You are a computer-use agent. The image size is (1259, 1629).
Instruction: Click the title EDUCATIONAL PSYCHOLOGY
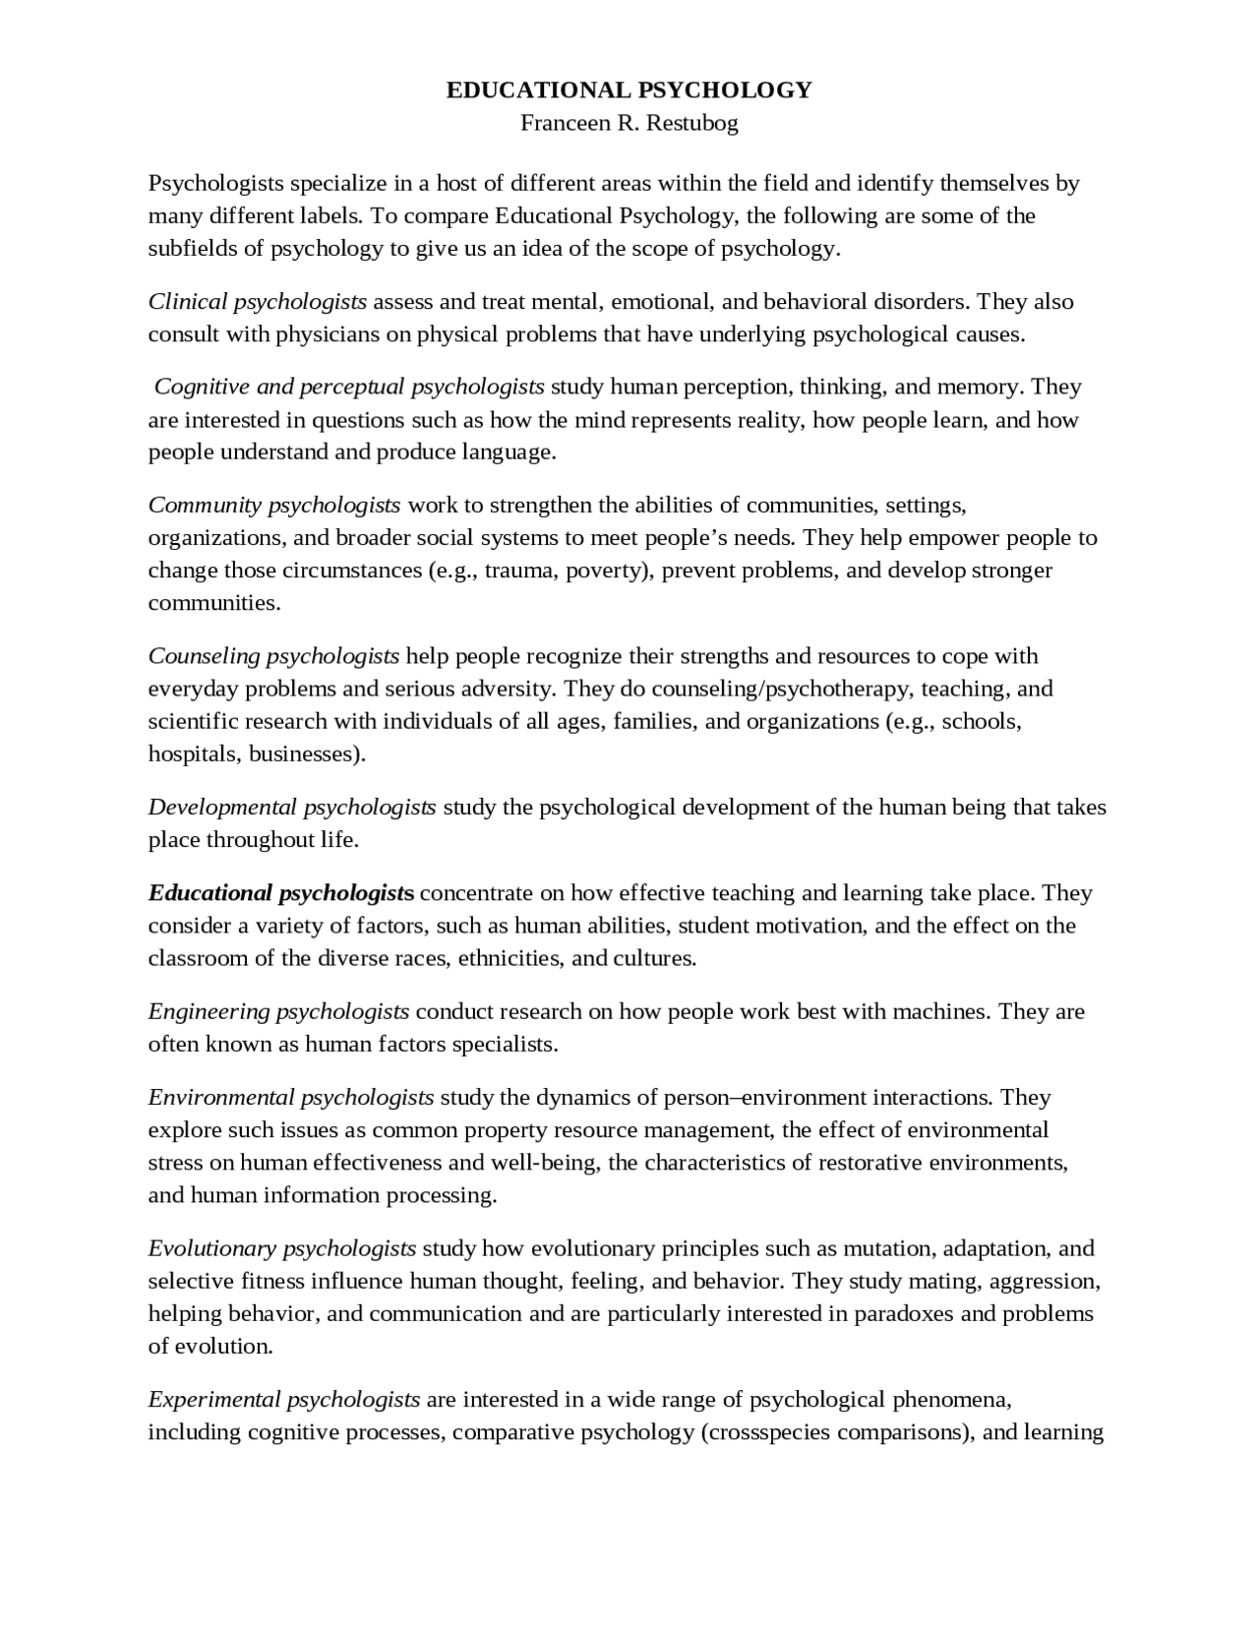tap(629, 90)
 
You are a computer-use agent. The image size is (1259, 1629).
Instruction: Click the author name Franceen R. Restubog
tap(629, 123)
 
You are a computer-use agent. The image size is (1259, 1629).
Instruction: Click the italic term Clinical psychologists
tap(258, 301)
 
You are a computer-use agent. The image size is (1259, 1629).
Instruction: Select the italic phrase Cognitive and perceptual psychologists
tap(349, 387)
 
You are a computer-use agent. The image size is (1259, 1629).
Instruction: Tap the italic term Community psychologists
tap(274, 506)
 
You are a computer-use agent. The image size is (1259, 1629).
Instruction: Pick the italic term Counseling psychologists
tap(273, 656)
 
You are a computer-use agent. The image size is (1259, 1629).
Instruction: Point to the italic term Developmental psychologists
tap(292, 808)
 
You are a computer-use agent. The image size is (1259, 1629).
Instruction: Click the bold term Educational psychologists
tap(281, 893)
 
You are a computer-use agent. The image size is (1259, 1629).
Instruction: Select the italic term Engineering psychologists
tap(278, 1011)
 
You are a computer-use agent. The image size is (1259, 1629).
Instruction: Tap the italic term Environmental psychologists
tap(291, 1097)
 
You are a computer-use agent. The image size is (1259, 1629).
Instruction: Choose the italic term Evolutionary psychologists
tap(282, 1248)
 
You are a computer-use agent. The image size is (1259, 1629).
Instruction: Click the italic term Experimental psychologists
tap(284, 1399)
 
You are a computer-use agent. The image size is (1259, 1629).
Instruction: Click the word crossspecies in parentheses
tap(766, 1431)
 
